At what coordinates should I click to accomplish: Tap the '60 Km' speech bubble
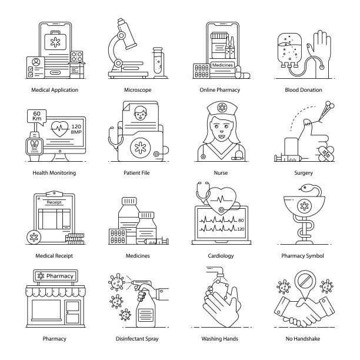pos(36,116)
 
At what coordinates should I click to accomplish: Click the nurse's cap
pos(222,108)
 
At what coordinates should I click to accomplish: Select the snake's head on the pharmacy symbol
pos(305,188)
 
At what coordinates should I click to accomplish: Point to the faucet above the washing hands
pos(216,271)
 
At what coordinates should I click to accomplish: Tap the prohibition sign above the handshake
pos(305,281)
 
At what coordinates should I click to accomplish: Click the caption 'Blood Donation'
pos(304,90)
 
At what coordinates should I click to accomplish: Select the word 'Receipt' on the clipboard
pos(54,202)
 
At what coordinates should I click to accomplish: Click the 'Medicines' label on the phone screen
pos(222,65)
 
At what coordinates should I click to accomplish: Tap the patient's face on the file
pos(140,113)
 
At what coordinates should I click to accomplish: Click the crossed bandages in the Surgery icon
pos(326,152)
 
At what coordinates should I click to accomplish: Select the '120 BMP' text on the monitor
pos(76,129)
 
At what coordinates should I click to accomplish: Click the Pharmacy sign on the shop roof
pos(55,276)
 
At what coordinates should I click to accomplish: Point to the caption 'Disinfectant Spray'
pos(137,339)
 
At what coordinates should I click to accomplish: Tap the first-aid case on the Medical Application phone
pos(55,41)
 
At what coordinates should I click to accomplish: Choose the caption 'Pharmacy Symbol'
pos(302,256)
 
